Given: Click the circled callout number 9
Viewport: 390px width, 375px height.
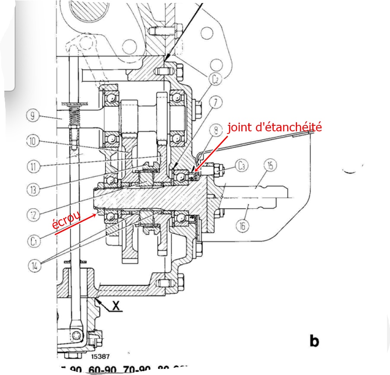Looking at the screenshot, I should (32, 115).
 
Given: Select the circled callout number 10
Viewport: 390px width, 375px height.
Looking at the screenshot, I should (32, 140).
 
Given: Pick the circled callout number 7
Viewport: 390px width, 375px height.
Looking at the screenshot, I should (216, 102).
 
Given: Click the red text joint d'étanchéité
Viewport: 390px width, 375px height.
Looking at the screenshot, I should (275, 127).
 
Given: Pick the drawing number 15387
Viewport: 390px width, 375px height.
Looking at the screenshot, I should (100, 357).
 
